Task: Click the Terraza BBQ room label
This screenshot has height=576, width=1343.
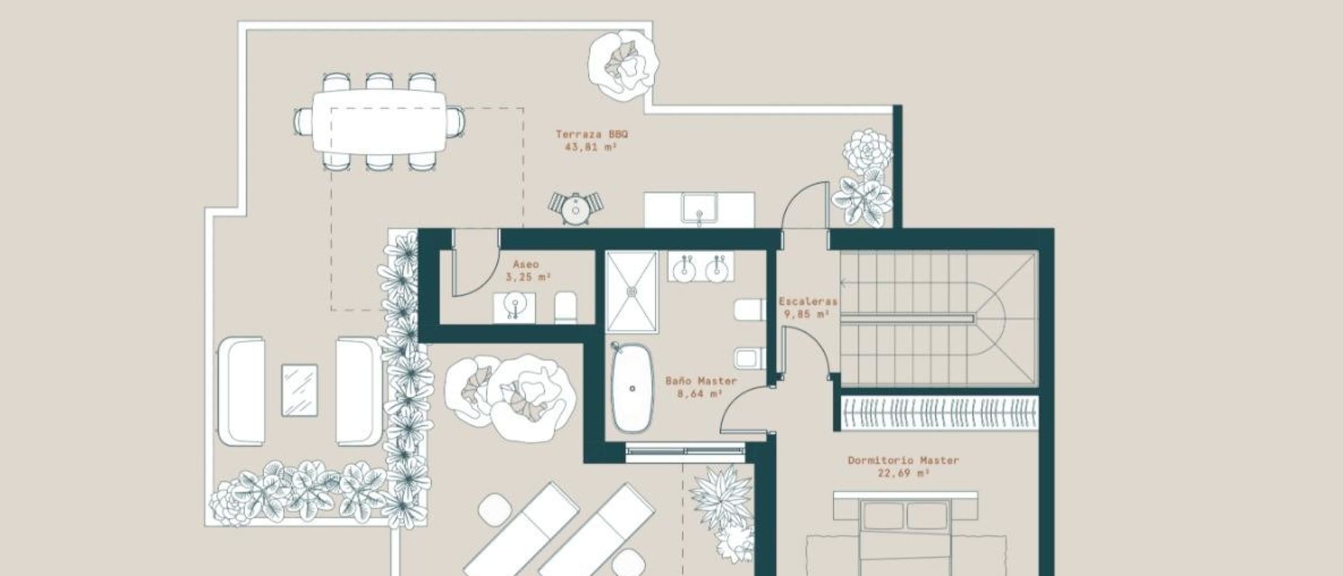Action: pyautogui.click(x=591, y=134)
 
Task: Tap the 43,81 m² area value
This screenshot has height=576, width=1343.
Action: pyautogui.click(x=590, y=147)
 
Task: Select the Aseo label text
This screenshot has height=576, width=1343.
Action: pyautogui.click(x=526, y=264)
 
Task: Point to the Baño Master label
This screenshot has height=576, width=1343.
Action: pyautogui.click(x=701, y=381)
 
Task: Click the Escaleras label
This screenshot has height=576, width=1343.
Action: pyautogui.click(x=808, y=301)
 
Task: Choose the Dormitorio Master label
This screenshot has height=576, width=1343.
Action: pyautogui.click(x=903, y=460)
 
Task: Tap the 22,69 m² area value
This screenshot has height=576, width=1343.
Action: pyautogui.click(x=903, y=474)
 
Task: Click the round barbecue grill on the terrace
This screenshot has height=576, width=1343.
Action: pyautogui.click(x=575, y=208)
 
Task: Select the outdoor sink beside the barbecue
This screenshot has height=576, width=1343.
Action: pyautogui.click(x=699, y=209)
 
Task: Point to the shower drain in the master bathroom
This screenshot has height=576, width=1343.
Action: pyautogui.click(x=632, y=291)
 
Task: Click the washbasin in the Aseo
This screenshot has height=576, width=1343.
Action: pyautogui.click(x=514, y=307)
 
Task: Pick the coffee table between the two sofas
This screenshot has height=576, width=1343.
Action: pyautogui.click(x=299, y=390)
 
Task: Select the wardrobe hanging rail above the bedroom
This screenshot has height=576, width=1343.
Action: pyautogui.click(x=940, y=413)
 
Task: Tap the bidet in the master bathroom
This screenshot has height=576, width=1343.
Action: pyautogui.click(x=749, y=358)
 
